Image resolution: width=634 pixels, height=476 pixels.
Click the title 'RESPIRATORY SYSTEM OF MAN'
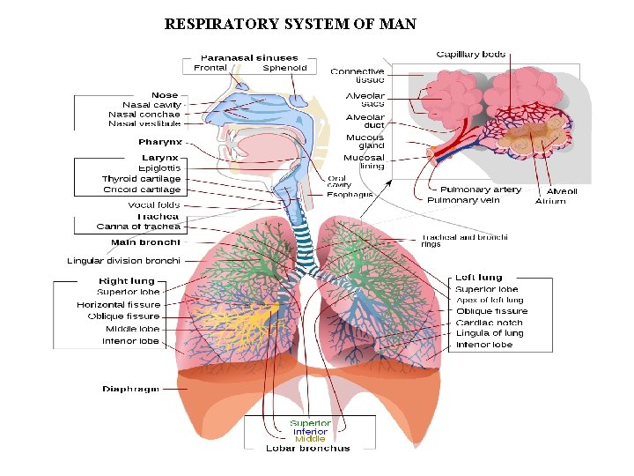pos(290,24)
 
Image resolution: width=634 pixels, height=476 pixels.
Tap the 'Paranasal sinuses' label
pos(249,57)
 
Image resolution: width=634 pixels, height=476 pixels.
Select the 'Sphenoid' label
pos(284,68)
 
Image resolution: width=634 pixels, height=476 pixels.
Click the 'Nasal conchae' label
pos(144,114)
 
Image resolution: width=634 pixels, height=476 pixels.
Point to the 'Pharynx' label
pos(160,142)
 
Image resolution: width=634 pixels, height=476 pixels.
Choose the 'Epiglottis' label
pos(159,168)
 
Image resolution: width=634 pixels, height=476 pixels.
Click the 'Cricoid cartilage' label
pos(142,190)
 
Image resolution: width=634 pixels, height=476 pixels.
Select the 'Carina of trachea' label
pos(138,227)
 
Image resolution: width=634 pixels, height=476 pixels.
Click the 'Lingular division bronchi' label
pos(124,261)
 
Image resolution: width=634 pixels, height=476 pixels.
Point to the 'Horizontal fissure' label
pos(119,305)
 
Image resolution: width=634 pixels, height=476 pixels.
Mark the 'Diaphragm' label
pos(131,389)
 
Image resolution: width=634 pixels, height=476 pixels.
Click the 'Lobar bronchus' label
pos(308,448)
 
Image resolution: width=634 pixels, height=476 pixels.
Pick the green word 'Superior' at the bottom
pos(311,423)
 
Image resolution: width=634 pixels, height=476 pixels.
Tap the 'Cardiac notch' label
pos(490,323)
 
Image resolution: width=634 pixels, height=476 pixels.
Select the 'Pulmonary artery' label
pos(480,190)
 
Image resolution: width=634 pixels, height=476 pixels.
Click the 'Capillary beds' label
pos(471,55)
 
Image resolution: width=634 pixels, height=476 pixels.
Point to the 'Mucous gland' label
pos(365,142)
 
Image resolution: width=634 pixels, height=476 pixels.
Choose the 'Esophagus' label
pos(350,195)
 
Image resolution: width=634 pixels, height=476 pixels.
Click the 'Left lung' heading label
pos(478,278)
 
